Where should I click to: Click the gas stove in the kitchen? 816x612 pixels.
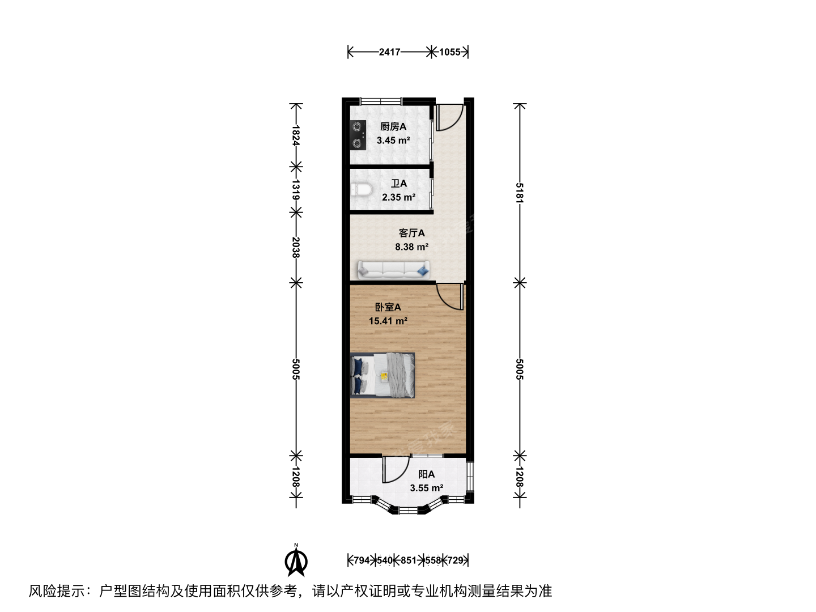click(358, 135)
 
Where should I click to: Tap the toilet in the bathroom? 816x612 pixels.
click(362, 189)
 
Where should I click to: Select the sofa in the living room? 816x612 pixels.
click(394, 270)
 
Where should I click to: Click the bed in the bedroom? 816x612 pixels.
click(382, 375)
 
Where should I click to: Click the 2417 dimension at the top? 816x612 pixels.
click(390, 52)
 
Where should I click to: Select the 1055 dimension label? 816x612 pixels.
click(450, 52)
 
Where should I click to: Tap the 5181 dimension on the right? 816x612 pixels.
click(520, 193)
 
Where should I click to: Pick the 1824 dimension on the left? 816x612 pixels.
click(296, 135)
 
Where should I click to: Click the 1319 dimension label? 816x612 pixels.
click(296, 189)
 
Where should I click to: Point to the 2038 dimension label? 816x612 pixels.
click(296, 248)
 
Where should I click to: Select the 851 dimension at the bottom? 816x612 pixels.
click(409, 560)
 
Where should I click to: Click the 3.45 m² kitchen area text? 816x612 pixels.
click(393, 141)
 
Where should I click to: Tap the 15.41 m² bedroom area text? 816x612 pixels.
click(388, 321)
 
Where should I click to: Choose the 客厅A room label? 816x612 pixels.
click(411, 233)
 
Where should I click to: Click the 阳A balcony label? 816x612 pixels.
click(426, 474)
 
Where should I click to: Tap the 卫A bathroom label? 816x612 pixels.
click(399, 184)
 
